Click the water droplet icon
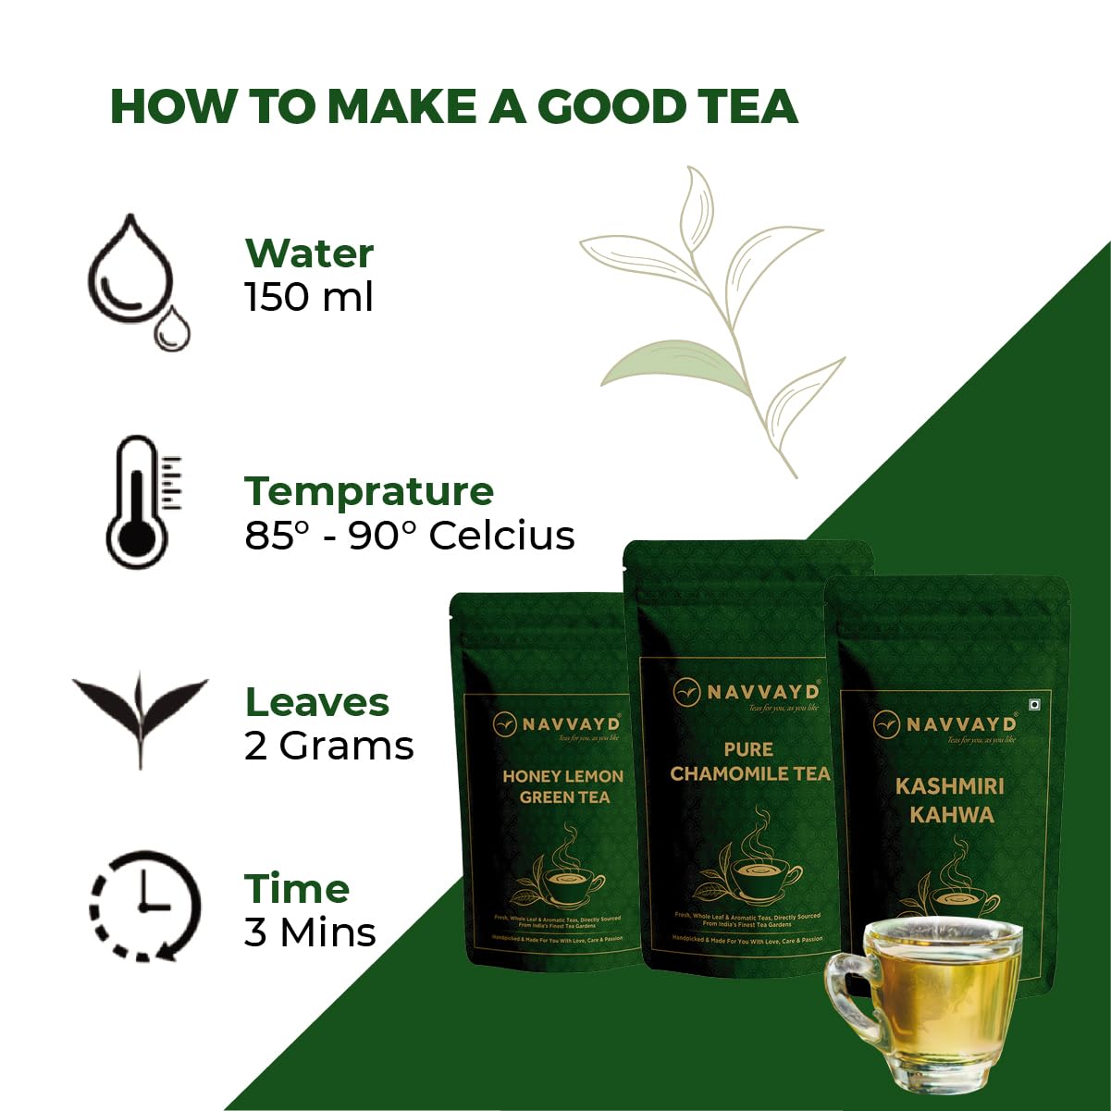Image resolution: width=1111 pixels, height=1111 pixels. click(x=137, y=280)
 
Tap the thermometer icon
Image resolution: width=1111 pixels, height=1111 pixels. click(x=139, y=502)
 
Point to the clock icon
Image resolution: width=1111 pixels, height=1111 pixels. click(x=144, y=905)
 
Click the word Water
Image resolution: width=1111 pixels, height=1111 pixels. click(x=309, y=253)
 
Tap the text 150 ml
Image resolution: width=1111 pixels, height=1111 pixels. click(x=309, y=297)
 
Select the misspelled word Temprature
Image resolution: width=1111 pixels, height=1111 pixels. click(x=369, y=491)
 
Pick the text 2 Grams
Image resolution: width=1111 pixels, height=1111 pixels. click(x=328, y=746)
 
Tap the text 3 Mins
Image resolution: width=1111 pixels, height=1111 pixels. click(x=310, y=932)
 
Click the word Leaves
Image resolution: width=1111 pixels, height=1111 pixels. click(x=317, y=703)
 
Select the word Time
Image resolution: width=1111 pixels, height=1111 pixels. click(x=297, y=889)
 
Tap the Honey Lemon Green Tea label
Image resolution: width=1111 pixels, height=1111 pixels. click(x=562, y=786)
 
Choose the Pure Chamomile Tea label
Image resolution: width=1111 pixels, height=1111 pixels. click(x=749, y=761)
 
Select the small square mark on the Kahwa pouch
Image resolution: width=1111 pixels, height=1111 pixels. click(x=1035, y=703)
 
